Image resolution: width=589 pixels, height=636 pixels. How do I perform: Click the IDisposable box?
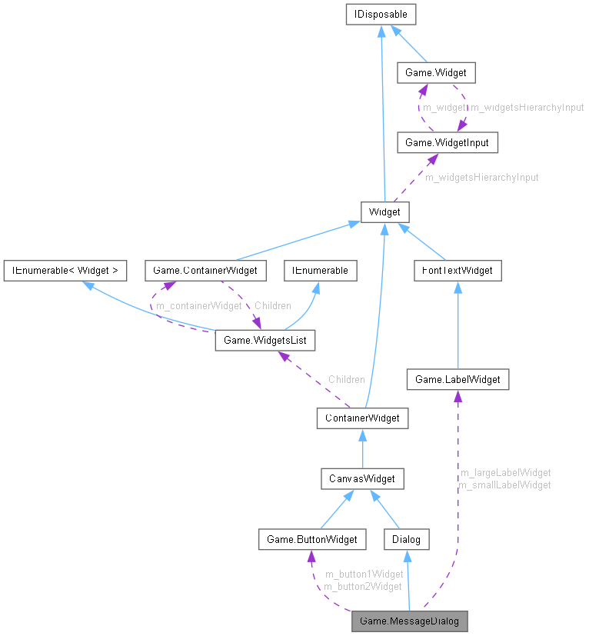(x=382, y=14)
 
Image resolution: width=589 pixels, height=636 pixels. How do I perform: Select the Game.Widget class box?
(x=435, y=73)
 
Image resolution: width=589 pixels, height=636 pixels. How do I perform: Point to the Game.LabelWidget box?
(x=458, y=379)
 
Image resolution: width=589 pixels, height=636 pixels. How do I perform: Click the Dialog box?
(x=407, y=539)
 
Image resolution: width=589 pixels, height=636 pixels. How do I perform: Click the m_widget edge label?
(x=444, y=108)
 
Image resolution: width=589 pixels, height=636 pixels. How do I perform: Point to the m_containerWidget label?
(x=199, y=306)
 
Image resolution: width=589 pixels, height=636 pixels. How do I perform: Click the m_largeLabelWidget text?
(x=504, y=472)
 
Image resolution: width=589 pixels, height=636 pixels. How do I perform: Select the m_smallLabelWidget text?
(x=504, y=484)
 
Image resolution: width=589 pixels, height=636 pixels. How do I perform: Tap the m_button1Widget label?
(x=364, y=574)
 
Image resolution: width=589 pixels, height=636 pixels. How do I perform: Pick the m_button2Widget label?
(x=363, y=586)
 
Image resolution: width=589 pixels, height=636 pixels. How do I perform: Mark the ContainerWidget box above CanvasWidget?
(x=362, y=418)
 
